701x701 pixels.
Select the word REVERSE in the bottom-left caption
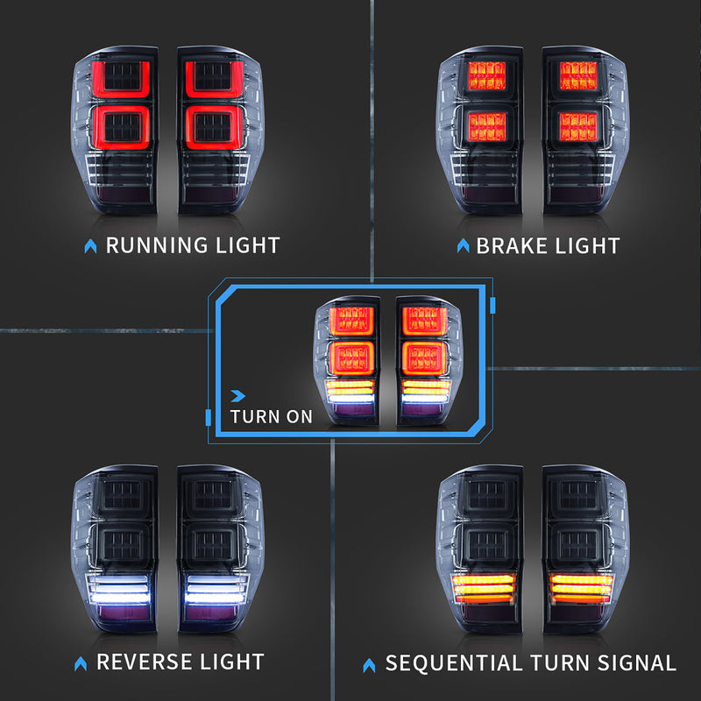pos(144,662)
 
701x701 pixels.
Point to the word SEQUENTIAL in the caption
pos(454,662)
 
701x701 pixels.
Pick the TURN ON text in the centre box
pos(272,417)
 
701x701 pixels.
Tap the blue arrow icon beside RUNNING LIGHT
pos(91,246)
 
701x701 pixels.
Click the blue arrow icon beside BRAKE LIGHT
pos(464,245)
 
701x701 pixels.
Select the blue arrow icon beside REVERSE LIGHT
pos(81,663)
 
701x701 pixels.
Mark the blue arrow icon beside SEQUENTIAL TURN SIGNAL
pos(369,665)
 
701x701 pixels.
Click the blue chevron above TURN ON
pos(237,396)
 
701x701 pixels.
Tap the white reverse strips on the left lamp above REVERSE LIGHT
pos(119,589)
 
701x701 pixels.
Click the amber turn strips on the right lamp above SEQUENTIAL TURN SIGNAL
pos(582,588)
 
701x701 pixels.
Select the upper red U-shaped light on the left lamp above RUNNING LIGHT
pos(121,79)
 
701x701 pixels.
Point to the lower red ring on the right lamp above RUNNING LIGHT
pos(214,127)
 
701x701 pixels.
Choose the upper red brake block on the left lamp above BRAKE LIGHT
pos(487,75)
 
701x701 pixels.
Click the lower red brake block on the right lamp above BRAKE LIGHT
pos(578,126)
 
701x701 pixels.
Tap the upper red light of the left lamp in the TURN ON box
pos(352,321)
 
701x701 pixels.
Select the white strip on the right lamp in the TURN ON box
pos(425,399)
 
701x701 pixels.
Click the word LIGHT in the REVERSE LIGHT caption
pos(232,662)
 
